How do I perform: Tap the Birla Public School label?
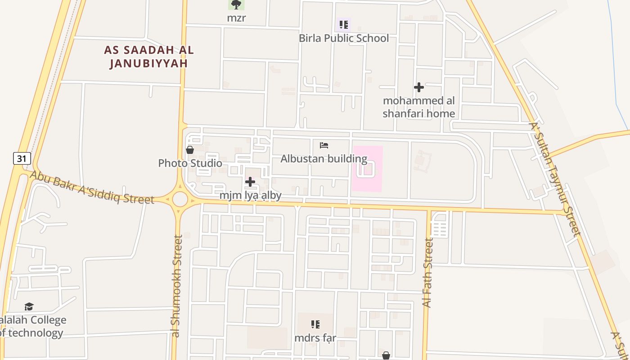344,38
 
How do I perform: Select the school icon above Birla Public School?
344,24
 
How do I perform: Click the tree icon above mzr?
236,4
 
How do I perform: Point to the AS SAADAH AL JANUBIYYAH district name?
149,57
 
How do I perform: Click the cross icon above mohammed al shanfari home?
419,87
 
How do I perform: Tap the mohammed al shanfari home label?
419,107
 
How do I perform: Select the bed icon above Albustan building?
324,145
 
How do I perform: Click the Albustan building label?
324,159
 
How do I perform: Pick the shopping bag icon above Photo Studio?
190,149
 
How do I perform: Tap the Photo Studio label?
190,163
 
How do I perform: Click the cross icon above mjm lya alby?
250,182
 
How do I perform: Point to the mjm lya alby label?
250,195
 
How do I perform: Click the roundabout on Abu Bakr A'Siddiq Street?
180,198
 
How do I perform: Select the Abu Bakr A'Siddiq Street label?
92,187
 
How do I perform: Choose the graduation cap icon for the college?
29,306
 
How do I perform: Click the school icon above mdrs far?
315,324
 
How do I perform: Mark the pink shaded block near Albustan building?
367,168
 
